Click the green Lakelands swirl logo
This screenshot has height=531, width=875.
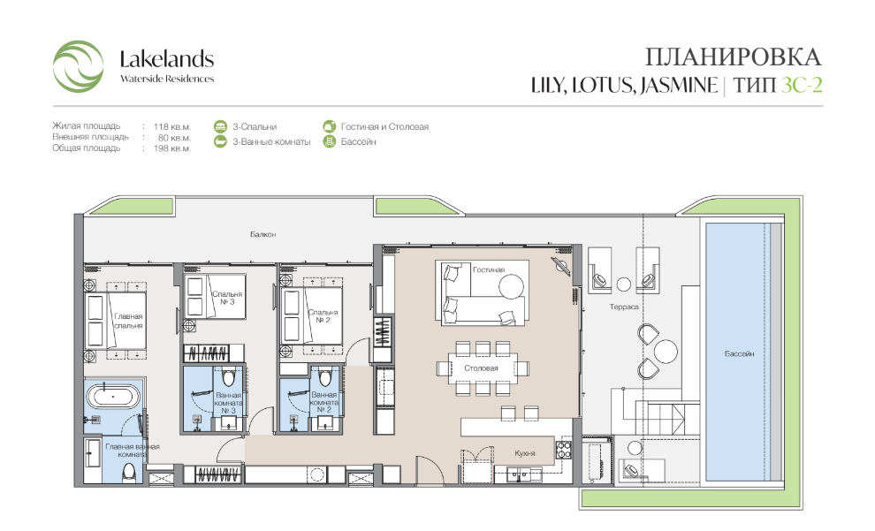click(x=78, y=65)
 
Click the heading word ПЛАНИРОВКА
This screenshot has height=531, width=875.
click(x=734, y=57)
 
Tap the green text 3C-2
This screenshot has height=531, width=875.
click(x=802, y=85)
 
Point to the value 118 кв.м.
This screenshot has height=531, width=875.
click(x=171, y=126)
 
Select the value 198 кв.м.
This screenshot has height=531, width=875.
click(x=171, y=149)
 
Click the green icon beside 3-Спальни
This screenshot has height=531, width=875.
click(x=220, y=126)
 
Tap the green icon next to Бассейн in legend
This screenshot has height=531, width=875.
click(x=330, y=141)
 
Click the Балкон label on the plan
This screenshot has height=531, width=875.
click(x=262, y=234)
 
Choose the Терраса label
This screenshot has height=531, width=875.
click(x=624, y=307)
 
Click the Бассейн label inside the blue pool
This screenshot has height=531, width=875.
click(x=740, y=353)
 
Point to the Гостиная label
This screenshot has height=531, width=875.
click(x=488, y=269)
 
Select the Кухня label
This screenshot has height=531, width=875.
click(x=524, y=453)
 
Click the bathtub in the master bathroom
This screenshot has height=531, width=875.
click(x=113, y=397)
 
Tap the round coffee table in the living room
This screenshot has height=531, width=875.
click(x=511, y=287)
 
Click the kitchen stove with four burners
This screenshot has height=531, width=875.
click(x=563, y=450)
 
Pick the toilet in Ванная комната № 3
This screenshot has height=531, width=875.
click(x=228, y=377)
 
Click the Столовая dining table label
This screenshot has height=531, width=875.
click(x=481, y=368)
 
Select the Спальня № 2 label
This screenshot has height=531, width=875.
click(x=323, y=316)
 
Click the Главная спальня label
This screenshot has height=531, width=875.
click(x=128, y=321)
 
